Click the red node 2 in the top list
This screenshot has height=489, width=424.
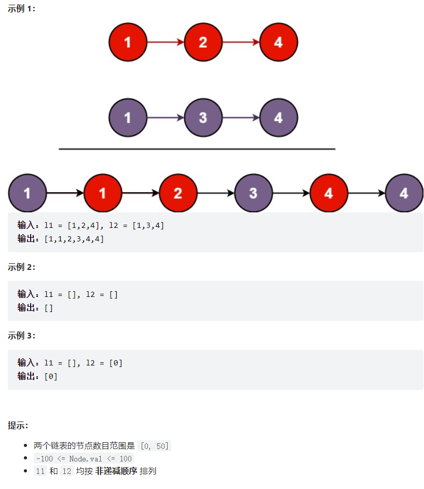click(203, 42)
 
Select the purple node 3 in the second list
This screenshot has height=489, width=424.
click(203, 118)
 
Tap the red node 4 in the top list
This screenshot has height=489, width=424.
click(278, 42)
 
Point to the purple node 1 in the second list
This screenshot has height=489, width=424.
click(128, 118)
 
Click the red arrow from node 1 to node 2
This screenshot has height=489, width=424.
click(166, 42)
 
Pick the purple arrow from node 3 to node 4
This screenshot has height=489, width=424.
click(241, 118)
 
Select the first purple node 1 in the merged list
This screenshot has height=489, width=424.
click(27, 193)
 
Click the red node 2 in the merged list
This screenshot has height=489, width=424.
click(178, 193)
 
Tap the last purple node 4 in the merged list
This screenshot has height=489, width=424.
click(404, 193)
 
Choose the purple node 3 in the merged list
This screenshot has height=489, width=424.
click(253, 193)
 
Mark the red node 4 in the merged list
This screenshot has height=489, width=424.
click(329, 193)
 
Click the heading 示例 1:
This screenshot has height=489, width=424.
click(22, 9)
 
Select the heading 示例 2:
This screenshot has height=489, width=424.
click(22, 267)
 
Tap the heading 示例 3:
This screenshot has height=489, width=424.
click(22, 335)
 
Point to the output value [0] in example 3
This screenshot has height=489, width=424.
click(51, 376)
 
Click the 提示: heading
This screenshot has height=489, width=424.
click(18, 426)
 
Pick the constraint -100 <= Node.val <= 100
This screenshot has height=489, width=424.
click(84, 458)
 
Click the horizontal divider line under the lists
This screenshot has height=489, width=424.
click(197, 149)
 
